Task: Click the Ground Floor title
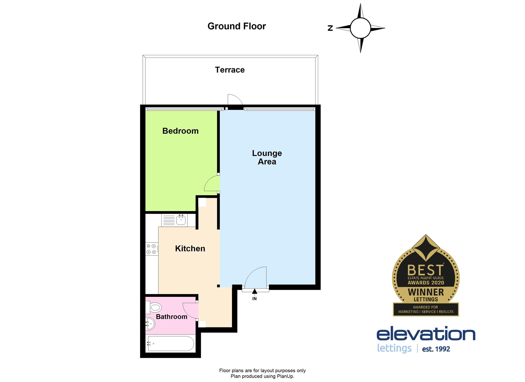click(x=237, y=26)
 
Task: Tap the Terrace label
click(x=230, y=70)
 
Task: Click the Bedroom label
click(x=180, y=131)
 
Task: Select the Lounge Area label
click(x=267, y=157)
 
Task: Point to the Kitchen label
click(x=190, y=248)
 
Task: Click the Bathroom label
click(x=171, y=317)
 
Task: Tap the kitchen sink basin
click(x=181, y=220)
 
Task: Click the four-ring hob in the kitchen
click(x=152, y=249)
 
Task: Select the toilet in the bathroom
click(x=154, y=307)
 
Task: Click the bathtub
click(x=170, y=344)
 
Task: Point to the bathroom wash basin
click(x=150, y=324)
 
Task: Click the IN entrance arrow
click(x=255, y=291)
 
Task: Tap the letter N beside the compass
click(x=330, y=28)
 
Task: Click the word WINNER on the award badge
click(x=426, y=292)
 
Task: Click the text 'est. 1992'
click(x=436, y=349)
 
